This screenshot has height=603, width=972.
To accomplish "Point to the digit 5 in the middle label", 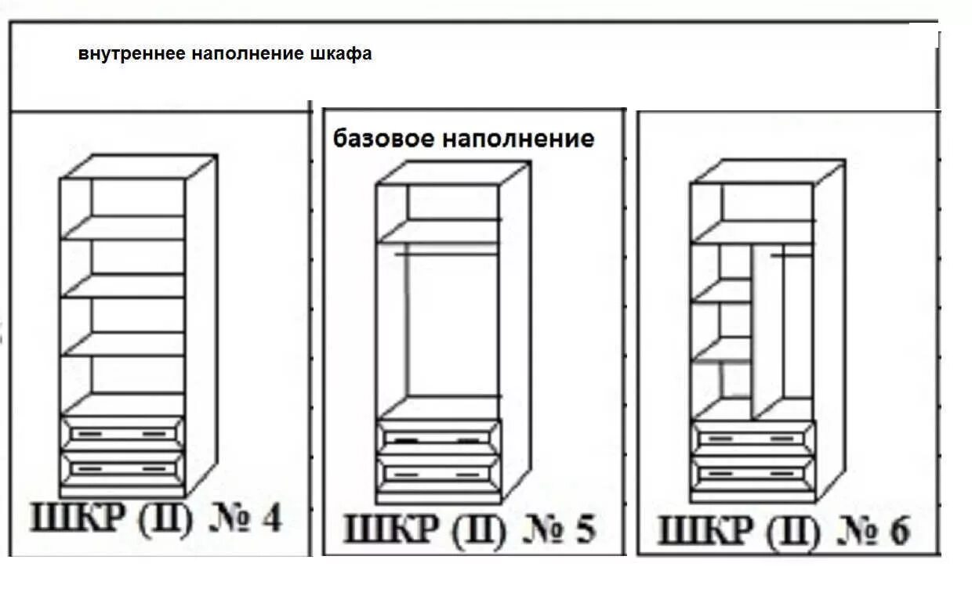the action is click(x=585, y=529).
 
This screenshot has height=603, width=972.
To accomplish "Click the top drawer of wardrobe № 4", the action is click(x=122, y=433).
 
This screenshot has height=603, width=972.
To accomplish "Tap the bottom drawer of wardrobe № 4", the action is click(x=122, y=468).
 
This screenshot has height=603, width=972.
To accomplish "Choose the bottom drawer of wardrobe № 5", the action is click(x=438, y=474).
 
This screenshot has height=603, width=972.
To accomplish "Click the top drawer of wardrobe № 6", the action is click(x=753, y=439).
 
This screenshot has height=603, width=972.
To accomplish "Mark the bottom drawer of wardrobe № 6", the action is click(x=753, y=473).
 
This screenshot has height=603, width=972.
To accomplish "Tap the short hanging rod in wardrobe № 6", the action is click(x=792, y=255).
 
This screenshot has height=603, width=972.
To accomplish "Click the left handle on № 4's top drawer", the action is click(x=86, y=433).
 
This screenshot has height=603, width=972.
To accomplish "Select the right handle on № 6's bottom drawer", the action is click(x=783, y=473).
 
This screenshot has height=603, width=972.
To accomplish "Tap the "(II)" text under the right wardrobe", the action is click(x=792, y=533).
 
